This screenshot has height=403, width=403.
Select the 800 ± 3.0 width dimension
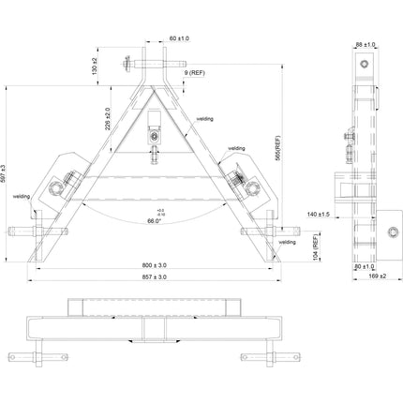[156, 266]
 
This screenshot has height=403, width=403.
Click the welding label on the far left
[22, 197]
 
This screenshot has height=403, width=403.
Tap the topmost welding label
[205, 119]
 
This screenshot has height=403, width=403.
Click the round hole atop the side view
[364, 63]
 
